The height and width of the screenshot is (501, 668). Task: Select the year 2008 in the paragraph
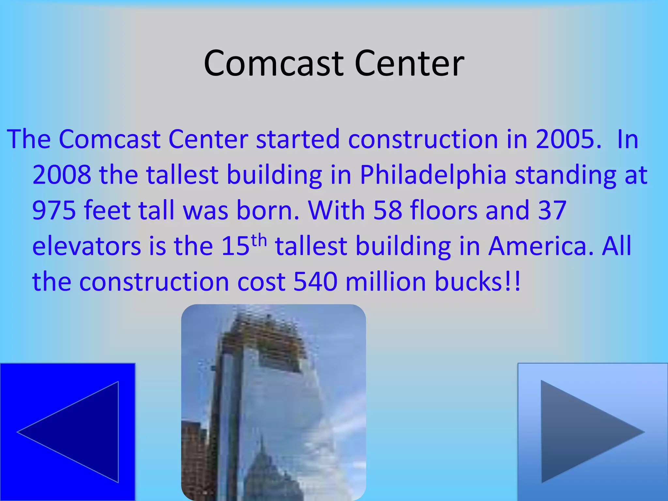(62, 175)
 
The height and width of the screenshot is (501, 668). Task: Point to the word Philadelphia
(433, 175)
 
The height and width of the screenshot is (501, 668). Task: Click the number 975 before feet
(54, 210)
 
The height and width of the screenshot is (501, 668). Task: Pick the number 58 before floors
(388, 210)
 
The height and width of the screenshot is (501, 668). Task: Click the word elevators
(87, 246)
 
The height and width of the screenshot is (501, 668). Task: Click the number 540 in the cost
(315, 281)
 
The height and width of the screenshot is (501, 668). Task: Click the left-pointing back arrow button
(68, 432)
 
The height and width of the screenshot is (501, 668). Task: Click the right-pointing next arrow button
(593, 432)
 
